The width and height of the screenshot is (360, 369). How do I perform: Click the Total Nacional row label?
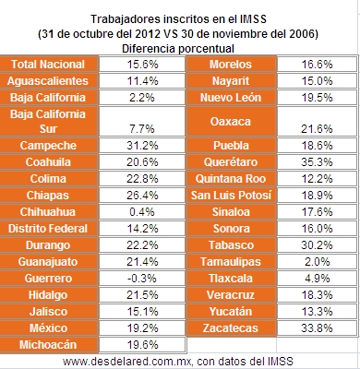pos(47,65)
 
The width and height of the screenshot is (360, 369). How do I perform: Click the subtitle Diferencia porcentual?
pos(179,47)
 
